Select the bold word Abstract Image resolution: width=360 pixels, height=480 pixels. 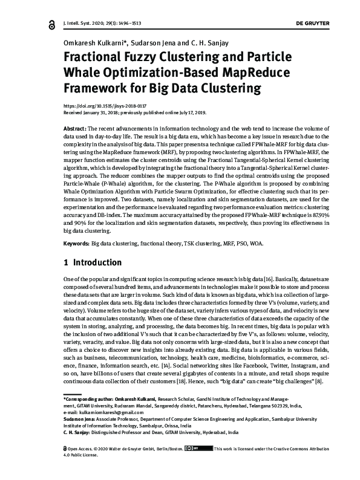[x=75, y=130]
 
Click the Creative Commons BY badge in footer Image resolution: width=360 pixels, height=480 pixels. [x=201, y=465]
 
